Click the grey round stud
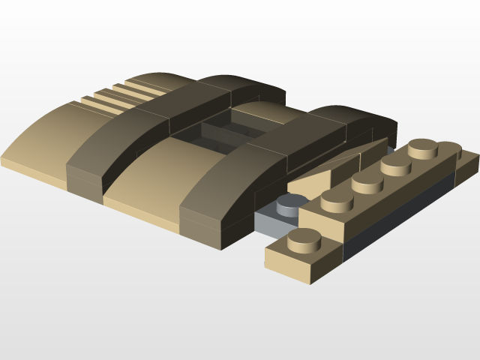click(x=292, y=202)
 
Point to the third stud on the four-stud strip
click(x=396, y=163)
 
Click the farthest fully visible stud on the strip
click(x=423, y=147)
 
